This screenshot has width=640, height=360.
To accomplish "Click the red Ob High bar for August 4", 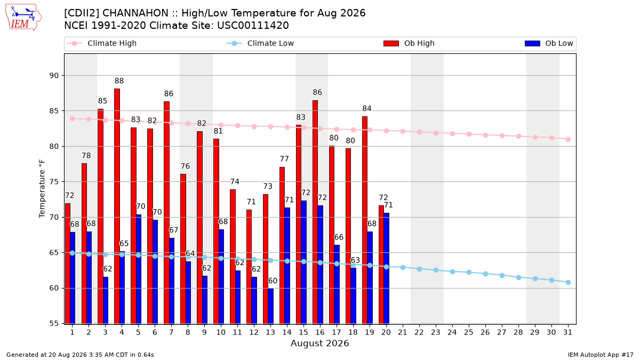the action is point(117,206).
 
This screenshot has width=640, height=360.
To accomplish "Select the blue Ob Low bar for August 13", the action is point(270,306).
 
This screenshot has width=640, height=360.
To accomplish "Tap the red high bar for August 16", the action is point(315,212).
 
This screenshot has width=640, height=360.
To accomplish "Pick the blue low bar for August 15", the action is point(303,262).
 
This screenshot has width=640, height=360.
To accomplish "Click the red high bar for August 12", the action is point(249,267).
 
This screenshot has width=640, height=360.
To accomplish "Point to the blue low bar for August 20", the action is point(386,268).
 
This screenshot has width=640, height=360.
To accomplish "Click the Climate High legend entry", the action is point(101,43).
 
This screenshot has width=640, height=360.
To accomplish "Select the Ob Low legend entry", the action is point(549,43).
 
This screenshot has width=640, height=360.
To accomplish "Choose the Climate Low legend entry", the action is point(260,43).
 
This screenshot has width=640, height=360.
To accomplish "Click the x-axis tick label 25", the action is point(469,332).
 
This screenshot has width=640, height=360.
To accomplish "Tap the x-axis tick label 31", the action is point(567,332).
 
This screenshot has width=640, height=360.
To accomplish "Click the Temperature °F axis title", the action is point(42,189).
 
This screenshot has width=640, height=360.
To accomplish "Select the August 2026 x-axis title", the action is point(319,343).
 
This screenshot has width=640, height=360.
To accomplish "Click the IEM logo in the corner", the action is point(23,18).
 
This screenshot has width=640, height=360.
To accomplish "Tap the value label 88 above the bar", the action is point(119,81).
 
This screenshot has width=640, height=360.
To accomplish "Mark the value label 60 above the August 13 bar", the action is point(273,281).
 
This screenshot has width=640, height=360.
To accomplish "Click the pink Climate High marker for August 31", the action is point(568,139).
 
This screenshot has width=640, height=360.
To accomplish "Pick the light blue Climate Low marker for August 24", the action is point(452,271).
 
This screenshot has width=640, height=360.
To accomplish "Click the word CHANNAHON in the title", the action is point(135,13).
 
